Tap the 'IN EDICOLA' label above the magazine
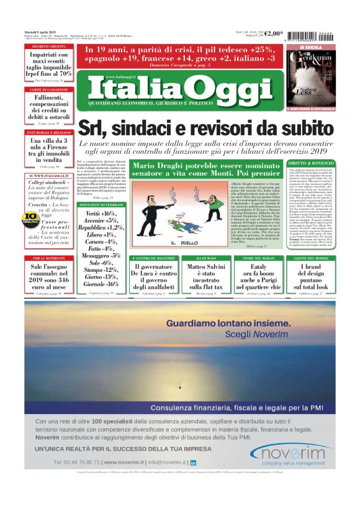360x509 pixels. (310, 47)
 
